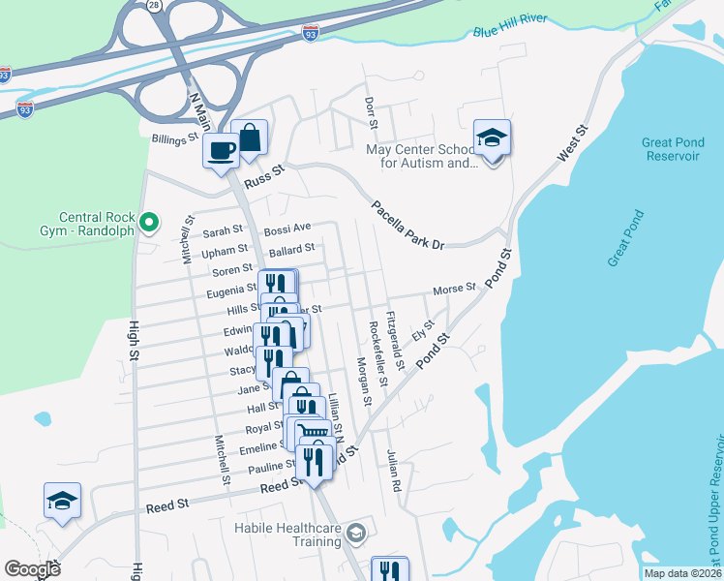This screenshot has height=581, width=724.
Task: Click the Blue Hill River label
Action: tap(510, 25)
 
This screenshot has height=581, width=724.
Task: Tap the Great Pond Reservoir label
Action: tap(671, 149)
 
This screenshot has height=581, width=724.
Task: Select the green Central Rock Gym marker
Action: tap(148, 225)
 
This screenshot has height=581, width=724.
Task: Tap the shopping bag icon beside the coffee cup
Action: tap(250, 138)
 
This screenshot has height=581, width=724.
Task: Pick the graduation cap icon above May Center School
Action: tap(492, 138)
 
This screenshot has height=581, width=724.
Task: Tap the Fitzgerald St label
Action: tap(393, 334)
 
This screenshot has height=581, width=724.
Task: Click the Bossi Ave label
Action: tap(287, 228)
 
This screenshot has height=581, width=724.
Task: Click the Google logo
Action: tap(32, 569)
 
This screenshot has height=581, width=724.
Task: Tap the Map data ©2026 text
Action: tap(681, 573)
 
